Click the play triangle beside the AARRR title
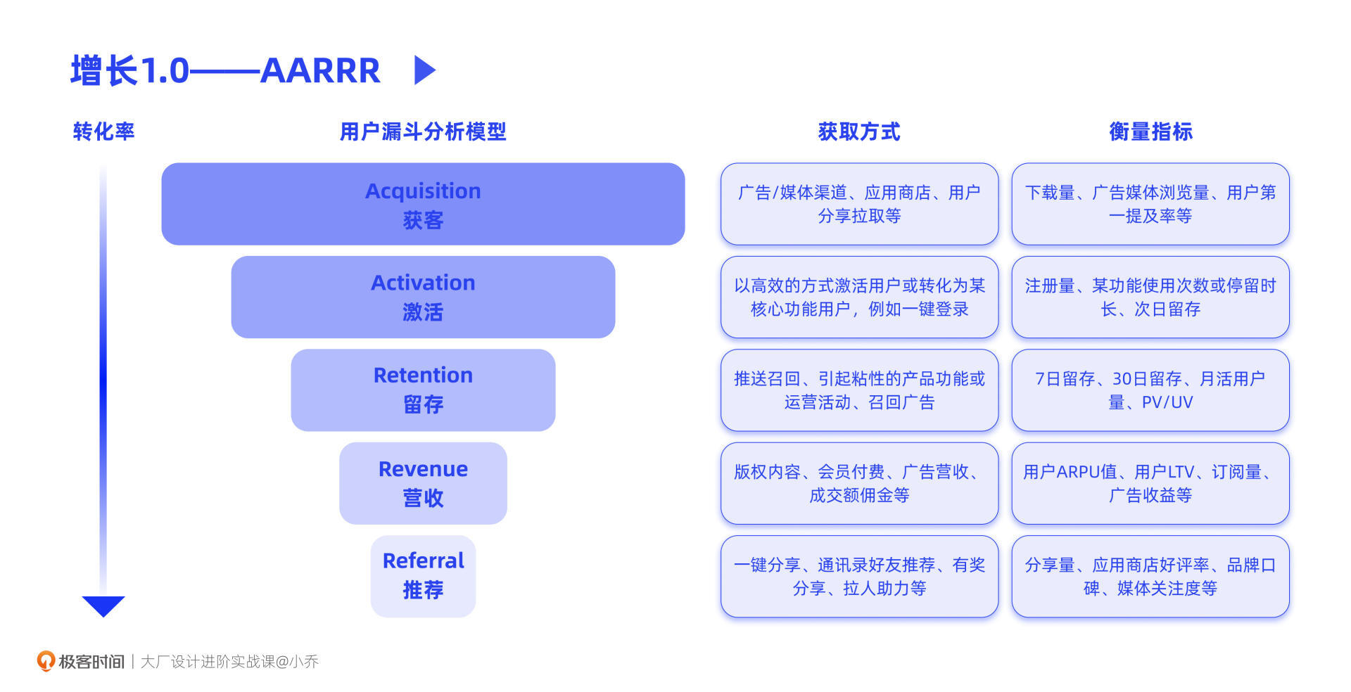click(424, 70)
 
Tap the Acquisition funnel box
click(423, 204)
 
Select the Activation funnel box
click(423, 297)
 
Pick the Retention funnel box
click(423, 390)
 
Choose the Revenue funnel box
click(423, 483)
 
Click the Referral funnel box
click(423, 576)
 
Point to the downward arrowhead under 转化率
click(103, 605)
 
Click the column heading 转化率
click(103, 132)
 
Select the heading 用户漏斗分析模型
click(423, 132)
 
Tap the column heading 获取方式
click(859, 132)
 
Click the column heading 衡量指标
click(1150, 132)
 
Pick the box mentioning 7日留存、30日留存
click(1150, 390)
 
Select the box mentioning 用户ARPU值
click(1150, 483)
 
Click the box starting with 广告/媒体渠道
click(859, 204)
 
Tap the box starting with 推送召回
click(859, 390)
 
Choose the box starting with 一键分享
click(859, 576)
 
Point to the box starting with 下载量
click(1150, 204)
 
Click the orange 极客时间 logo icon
click(46, 661)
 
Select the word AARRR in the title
click(320, 70)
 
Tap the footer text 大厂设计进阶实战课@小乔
click(229, 662)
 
